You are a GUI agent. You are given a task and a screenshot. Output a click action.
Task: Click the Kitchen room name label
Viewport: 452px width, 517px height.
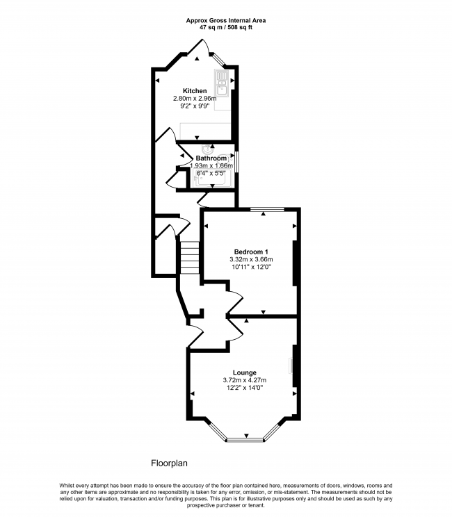click(195, 91)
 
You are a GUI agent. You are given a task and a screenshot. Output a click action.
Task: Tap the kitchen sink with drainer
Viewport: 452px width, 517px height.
click(222, 83)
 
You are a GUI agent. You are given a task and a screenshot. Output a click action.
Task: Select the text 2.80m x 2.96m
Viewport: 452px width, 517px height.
click(195, 99)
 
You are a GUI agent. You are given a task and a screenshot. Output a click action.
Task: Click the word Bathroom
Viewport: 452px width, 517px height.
click(211, 158)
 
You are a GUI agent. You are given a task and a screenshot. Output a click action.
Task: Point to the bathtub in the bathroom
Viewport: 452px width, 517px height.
click(212, 179)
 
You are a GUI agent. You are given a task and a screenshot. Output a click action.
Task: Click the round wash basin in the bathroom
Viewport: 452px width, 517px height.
click(207, 149)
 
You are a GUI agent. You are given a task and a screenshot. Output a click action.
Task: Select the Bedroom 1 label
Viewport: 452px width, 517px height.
click(251, 252)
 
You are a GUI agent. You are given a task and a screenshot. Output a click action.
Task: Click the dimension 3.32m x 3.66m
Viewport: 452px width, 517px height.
click(251, 260)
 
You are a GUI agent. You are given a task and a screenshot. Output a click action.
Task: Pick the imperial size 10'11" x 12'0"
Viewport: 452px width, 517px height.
click(251, 268)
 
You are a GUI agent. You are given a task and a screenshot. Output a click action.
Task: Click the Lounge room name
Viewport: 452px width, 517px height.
click(245, 372)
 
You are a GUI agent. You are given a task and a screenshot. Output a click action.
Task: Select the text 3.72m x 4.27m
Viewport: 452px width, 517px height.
click(245, 381)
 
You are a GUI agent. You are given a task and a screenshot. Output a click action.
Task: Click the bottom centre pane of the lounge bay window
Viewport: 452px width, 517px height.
click(245, 439)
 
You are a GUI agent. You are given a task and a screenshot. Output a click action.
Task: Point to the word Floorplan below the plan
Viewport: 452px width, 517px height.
click(170, 462)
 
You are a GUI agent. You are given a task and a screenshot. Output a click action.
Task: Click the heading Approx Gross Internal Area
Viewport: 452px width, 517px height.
click(225, 20)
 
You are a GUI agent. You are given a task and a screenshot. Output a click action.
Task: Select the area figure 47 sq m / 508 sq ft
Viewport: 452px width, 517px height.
click(225, 27)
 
